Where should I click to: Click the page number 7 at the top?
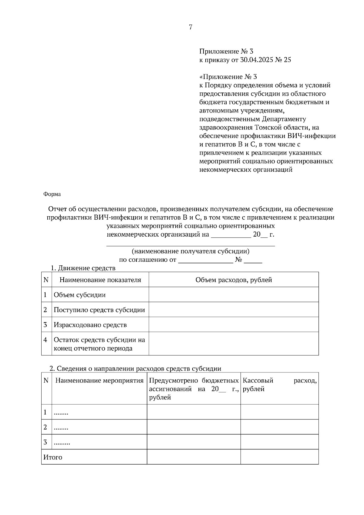[x=190, y=27]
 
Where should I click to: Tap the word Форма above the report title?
[x=52, y=194]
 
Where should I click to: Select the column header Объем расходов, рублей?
[x=234, y=280]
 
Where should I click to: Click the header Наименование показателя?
[x=100, y=280]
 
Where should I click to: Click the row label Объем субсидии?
[x=79, y=295]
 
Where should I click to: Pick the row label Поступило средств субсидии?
[x=99, y=310]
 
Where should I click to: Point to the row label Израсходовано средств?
[x=90, y=325]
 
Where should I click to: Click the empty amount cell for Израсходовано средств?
[x=234, y=325]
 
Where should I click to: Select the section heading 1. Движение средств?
[x=83, y=268]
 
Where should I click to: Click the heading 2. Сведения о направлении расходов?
[x=135, y=369]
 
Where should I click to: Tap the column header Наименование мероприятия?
[x=99, y=381]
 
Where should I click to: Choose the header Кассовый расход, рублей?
[x=279, y=385]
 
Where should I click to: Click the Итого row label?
[x=53, y=457]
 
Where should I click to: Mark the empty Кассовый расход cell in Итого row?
[x=279, y=457]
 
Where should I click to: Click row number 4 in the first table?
[x=45, y=340]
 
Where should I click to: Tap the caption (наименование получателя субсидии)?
[x=190, y=251]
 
